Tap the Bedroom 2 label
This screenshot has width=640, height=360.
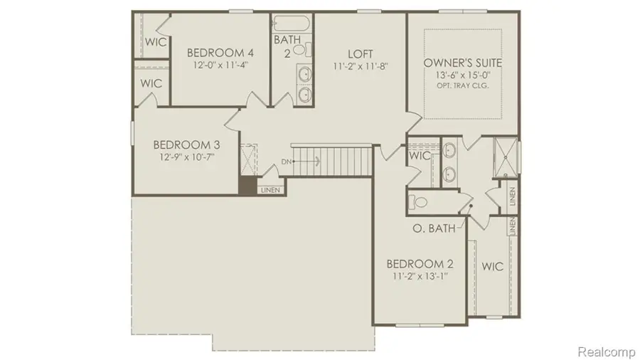pos(418,264)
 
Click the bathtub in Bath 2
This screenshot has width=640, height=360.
pos(292,24)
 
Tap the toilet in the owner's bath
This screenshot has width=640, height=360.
pos(420,202)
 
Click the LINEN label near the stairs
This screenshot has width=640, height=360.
pos(270,190)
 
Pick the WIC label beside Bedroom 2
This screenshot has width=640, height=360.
pos(492,267)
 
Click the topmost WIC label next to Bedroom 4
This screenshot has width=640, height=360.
pos(155,42)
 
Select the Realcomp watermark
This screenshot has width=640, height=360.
pos(604,351)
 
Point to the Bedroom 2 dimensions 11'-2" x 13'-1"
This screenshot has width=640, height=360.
pos(418,276)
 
